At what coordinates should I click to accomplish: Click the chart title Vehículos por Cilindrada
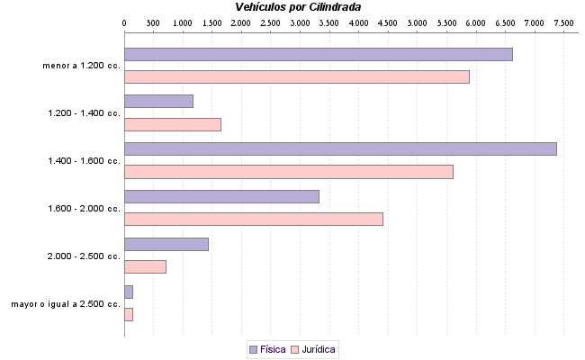click(x=298, y=7)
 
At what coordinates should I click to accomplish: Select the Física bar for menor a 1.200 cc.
click(x=318, y=54)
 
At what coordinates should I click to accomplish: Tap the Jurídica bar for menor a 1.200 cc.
click(x=296, y=77)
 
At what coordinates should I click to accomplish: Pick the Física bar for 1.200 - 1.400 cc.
click(x=158, y=101)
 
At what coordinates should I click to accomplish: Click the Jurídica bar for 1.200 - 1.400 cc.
click(x=172, y=124)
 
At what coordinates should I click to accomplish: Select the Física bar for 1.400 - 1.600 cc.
click(x=340, y=148)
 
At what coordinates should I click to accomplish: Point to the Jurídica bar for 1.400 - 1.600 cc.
click(x=288, y=172)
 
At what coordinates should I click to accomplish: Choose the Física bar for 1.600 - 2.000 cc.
click(x=221, y=196)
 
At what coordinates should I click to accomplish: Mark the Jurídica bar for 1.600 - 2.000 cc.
click(x=253, y=219)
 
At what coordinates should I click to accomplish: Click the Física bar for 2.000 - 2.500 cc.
click(x=166, y=244)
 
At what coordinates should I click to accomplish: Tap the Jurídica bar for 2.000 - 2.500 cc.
click(x=145, y=266)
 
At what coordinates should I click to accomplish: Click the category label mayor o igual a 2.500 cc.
click(x=66, y=304)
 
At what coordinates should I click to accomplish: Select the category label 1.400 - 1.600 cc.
click(x=84, y=161)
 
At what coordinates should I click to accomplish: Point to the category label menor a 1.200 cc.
click(x=81, y=66)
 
